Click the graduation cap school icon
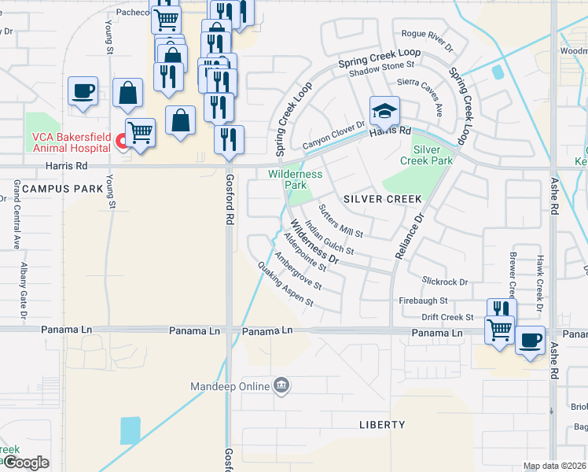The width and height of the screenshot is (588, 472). tap(384, 111)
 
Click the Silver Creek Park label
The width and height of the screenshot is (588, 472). tap(432, 154)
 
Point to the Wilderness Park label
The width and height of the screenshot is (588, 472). tap(296, 179)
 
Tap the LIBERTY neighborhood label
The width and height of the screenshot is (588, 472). tap(382, 425)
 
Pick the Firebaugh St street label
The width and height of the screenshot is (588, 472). tap(423, 301)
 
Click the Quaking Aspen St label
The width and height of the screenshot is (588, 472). tap(285, 285)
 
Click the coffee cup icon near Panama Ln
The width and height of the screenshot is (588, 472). tap(530, 341)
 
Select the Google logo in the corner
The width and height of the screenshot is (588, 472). tap(25, 463)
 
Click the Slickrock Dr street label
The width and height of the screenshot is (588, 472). tap(444, 282)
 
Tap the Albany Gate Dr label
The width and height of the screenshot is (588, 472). tap(24, 290)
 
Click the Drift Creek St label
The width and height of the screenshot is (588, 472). tap(447, 317)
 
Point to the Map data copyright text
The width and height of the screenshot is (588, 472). tap(554, 466)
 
